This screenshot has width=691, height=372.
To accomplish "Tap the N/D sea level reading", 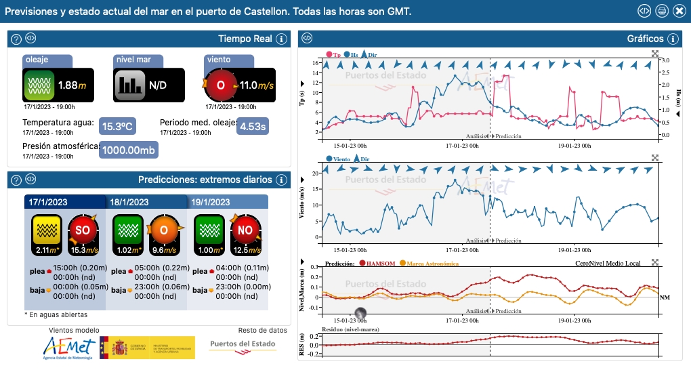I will pyautogui.click(x=158, y=85).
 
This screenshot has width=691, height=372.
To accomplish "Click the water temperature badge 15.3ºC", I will pyautogui.click(x=117, y=126).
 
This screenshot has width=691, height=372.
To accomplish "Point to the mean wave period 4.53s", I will pyautogui.click(x=253, y=126).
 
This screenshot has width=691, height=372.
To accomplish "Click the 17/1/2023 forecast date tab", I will pyautogui.click(x=47, y=202).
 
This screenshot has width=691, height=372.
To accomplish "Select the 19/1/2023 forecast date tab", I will pyautogui.click(x=211, y=202).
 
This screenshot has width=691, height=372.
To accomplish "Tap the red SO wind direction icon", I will pyautogui.click(x=83, y=230).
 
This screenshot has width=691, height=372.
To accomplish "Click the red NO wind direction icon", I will pyautogui.click(x=245, y=230).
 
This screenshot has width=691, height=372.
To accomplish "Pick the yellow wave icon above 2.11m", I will pyautogui.click(x=47, y=230).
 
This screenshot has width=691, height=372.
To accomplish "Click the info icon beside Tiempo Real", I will pyautogui.click(x=282, y=39).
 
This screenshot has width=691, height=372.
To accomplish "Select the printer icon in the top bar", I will pyautogui.click(x=661, y=11).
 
